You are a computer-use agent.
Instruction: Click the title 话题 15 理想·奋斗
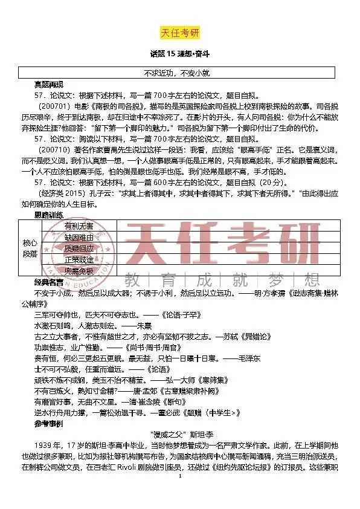(180, 54)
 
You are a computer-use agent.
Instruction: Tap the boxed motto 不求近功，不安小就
(180, 73)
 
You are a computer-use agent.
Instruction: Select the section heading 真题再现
(48, 84)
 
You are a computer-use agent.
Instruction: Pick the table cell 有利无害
(79, 226)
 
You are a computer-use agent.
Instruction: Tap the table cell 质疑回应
(79, 248)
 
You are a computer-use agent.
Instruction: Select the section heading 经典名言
(48, 282)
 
